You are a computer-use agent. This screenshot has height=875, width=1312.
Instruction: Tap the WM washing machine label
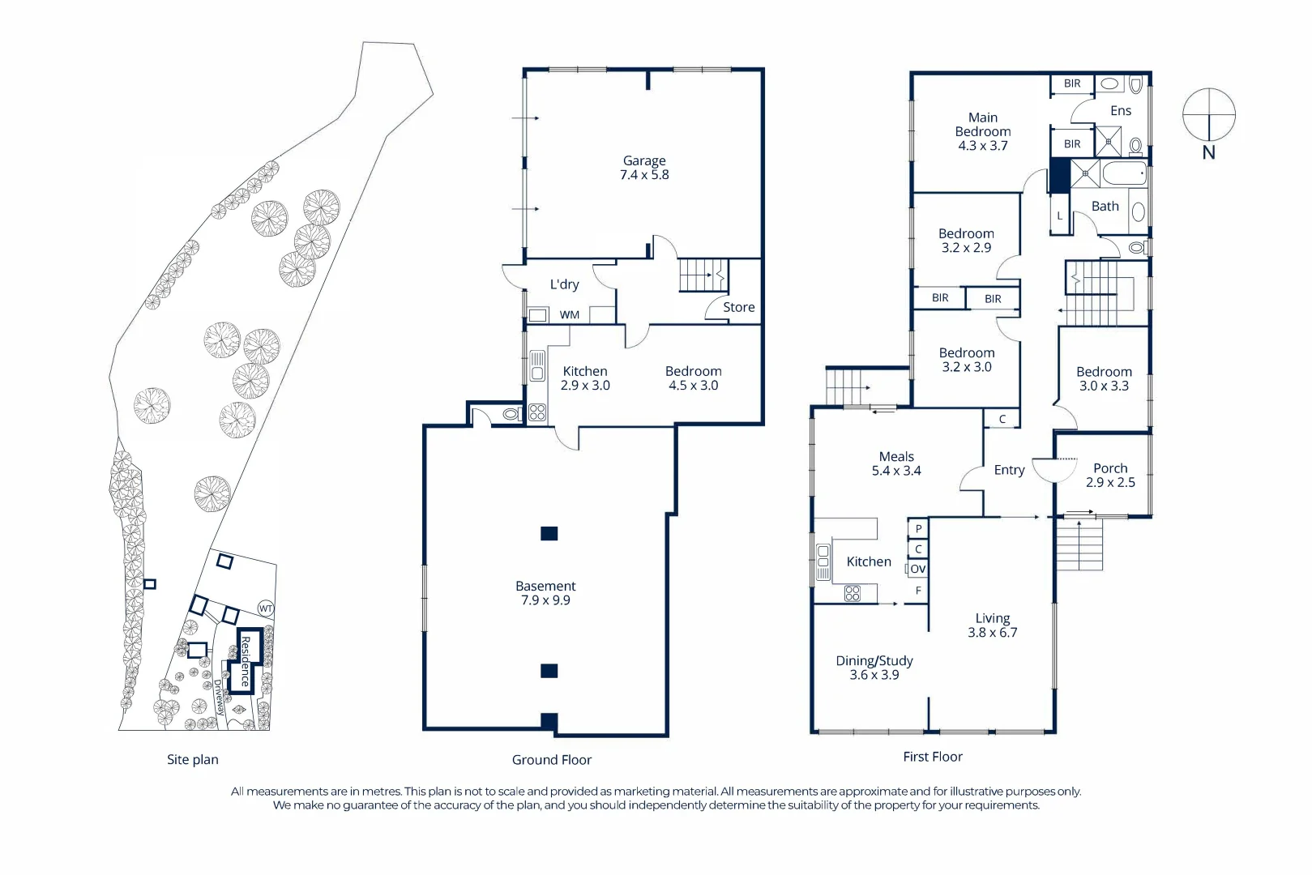point(570,315)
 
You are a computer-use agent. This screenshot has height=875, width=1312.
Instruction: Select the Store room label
point(738,307)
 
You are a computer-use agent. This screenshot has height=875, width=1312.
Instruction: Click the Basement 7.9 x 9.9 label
point(545,593)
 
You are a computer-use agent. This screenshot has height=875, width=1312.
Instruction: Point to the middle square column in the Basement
point(549,671)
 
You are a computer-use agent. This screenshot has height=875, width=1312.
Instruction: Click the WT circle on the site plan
point(266,608)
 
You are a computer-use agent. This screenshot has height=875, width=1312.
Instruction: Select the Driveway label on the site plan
point(219,698)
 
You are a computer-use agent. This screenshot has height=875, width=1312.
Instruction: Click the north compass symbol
point(1208,116)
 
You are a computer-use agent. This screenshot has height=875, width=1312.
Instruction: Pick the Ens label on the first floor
point(1121,111)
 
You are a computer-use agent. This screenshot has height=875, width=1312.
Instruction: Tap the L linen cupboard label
point(1059,216)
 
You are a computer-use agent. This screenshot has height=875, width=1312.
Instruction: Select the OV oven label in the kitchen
point(917,569)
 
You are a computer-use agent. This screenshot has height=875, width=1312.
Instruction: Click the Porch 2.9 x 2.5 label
point(1110,475)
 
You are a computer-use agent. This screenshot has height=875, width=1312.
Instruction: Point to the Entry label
point(1009,470)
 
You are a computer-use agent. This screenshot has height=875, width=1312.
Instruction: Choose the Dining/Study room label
point(874,668)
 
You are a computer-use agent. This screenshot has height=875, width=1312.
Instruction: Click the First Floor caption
point(933,757)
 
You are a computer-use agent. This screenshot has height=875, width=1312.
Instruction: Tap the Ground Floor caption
point(551,760)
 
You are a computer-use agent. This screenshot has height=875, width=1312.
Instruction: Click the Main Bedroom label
point(982,131)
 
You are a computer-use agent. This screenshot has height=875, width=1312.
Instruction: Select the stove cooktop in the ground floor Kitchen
point(537,412)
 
